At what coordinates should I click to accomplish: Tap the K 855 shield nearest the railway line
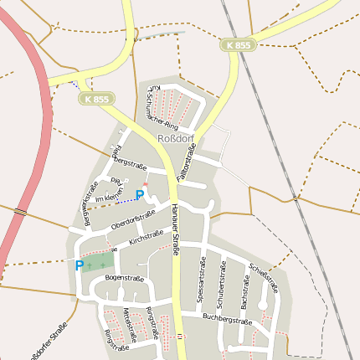coord(238,45)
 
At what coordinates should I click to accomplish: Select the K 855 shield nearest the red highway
coord(96,99)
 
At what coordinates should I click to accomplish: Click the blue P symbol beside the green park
coord(80,265)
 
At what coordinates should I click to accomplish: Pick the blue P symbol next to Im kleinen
coord(140,195)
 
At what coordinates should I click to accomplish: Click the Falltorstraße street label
coord(190,162)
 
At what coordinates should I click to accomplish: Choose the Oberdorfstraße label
coord(132,220)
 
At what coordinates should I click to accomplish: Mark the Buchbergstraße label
coord(227,319)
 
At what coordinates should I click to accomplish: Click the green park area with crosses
coord(97,262)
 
